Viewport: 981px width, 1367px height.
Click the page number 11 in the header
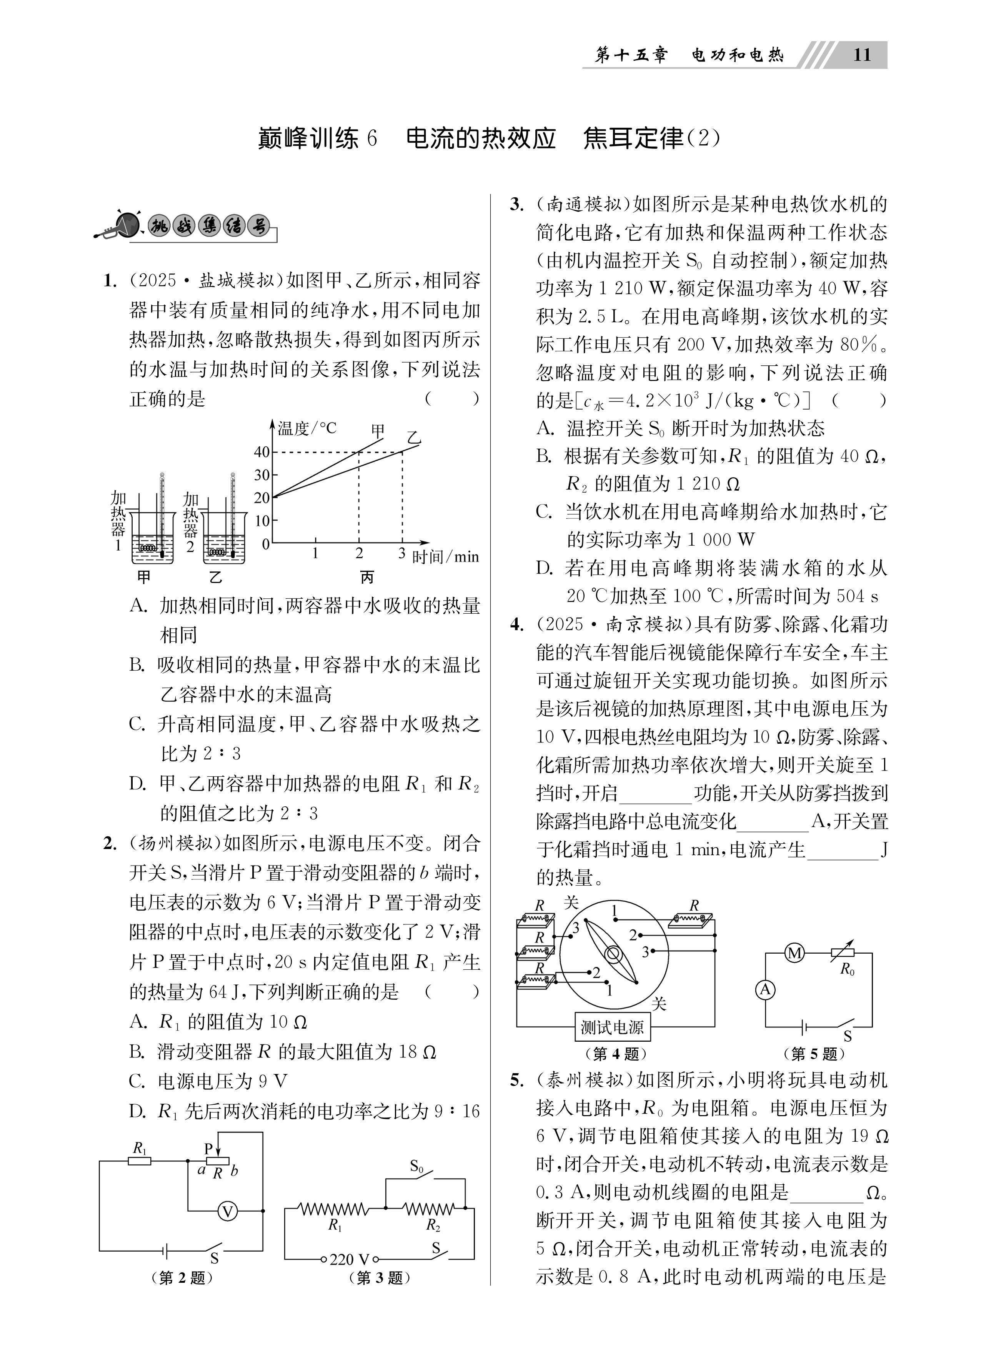[x=862, y=55]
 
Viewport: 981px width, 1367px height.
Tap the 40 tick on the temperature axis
[x=261, y=452]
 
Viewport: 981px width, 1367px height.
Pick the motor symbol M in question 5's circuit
[x=795, y=953]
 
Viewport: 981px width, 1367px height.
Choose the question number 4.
[x=516, y=624]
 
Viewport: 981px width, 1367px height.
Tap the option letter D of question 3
[x=545, y=568]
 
